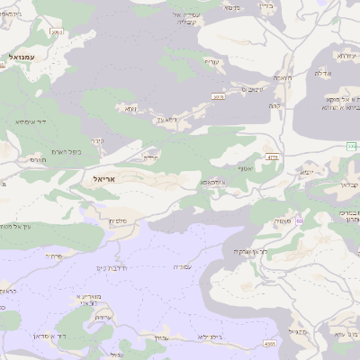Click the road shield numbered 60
click(x=299, y=220)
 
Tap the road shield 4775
click(x=273, y=157)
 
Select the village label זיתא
click(x=130, y=108)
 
